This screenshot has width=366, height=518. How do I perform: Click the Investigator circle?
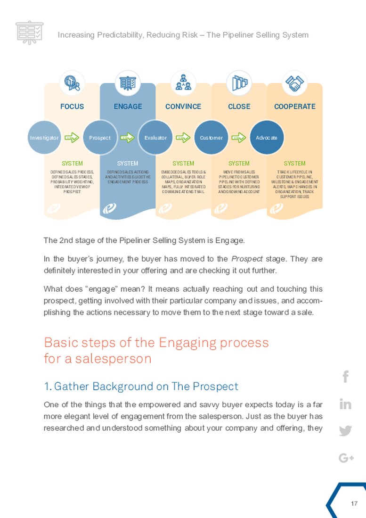[x=44, y=138]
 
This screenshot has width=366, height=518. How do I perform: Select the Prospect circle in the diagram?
[x=100, y=138]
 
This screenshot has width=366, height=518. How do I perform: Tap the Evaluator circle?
[x=155, y=138]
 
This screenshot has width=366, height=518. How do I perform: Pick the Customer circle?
[x=211, y=138]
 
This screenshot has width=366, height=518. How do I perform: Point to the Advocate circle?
[x=267, y=138]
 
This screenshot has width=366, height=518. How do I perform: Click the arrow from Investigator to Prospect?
[x=72, y=138]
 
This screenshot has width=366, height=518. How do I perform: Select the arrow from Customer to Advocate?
[x=239, y=138]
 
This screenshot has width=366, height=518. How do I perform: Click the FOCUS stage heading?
[x=72, y=107]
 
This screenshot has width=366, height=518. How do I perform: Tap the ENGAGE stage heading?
[x=128, y=107]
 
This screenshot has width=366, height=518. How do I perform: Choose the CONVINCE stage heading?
[x=183, y=107]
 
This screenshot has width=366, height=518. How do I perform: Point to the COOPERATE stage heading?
[x=295, y=107]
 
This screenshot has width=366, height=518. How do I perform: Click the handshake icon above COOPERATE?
[x=295, y=83]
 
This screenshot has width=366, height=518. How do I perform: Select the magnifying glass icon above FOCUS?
[x=72, y=83]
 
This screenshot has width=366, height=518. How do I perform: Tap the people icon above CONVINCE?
[x=183, y=83]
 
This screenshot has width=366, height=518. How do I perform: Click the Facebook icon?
[x=346, y=377]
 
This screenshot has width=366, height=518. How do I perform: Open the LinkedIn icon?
[x=346, y=404]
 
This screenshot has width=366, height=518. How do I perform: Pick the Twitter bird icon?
[x=346, y=431]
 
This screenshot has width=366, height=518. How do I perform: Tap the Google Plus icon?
[x=346, y=458]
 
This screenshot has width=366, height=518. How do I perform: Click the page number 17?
[x=354, y=504]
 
